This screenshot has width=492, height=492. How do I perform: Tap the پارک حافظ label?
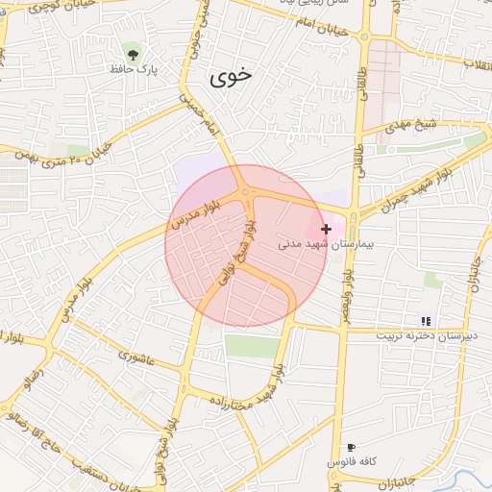tap(133, 70)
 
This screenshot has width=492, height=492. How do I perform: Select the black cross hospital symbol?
tap(327, 229)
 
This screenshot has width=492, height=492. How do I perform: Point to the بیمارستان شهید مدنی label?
tap(318, 244)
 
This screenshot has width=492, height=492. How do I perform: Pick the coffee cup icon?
tap(351, 448)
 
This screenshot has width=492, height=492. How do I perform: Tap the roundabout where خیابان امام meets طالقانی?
tap(365, 37)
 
